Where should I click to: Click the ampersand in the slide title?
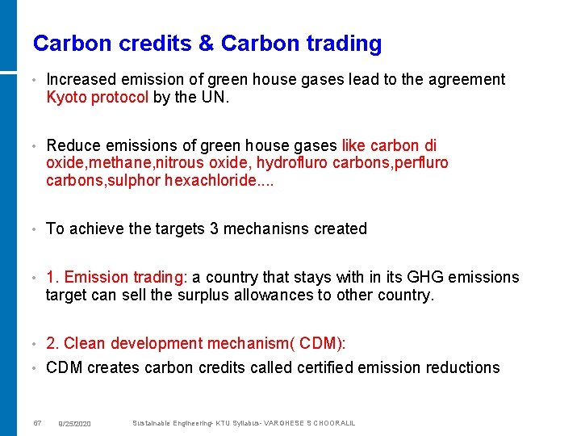pos(206,44)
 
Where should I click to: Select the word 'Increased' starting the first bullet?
pos(81,80)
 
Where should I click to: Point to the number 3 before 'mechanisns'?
pos(214,229)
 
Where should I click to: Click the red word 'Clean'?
pos(85,344)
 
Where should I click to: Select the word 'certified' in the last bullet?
pos(296,368)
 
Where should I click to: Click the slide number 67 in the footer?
pos(37,423)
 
